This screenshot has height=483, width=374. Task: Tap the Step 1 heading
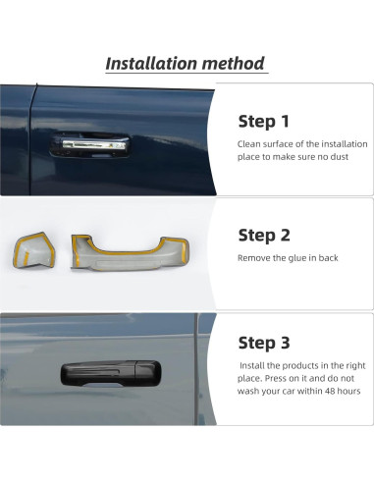pyautogui.click(x=263, y=122)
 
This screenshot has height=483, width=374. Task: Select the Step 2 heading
pyautogui.click(x=263, y=236)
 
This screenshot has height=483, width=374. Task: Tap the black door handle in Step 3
pyautogui.click(x=103, y=375)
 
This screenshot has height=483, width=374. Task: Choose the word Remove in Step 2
pyautogui.click(x=254, y=258)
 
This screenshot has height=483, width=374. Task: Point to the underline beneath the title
pyautogui.click(x=186, y=77)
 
